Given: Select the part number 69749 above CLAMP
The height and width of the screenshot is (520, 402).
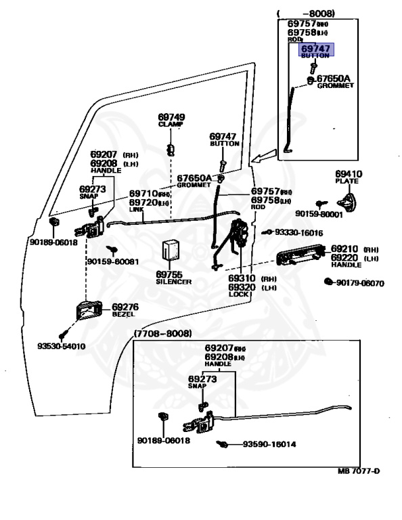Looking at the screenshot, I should pyautogui.click(x=172, y=117).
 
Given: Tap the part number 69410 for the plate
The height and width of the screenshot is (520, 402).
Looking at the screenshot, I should pyautogui.click(x=349, y=173).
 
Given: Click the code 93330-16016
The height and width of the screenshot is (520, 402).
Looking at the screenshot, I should pyautogui.click(x=298, y=232).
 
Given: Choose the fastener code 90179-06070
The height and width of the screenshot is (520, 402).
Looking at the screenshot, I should pyautogui.click(x=359, y=283).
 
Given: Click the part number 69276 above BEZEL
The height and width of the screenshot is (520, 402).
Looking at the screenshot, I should pyautogui.click(x=125, y=307).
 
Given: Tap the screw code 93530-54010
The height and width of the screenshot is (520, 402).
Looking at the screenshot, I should pyautogui.click(x=62, y=346).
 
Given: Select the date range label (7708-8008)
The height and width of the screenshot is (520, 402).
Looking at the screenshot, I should pyautogui.click(x=163, y=334).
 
